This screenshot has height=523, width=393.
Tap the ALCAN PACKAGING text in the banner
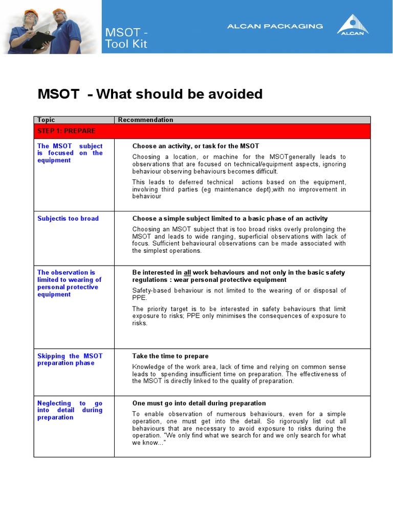click(x=275, y=26)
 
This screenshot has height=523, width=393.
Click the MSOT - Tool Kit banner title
click(x=126, y=38)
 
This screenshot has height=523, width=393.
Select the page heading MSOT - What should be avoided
click(x=150, y=94)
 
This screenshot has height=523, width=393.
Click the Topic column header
click(x=46, y=120)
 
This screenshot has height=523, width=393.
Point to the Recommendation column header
click(x=145, y=120)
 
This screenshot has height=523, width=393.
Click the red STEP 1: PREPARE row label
click(x=66, y=131)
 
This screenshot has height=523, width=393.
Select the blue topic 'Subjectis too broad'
click(x=68, y=219)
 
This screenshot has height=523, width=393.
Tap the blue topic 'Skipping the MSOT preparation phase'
click(x=70, y=360)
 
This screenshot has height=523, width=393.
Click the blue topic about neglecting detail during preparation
click(x=70, y=410)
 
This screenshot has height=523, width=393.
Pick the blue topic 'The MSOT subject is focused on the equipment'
click(x=70, y=153)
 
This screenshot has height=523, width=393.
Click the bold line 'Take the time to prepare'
click(x=170, y=356)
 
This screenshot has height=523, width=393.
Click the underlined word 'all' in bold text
click(x=187, y=273)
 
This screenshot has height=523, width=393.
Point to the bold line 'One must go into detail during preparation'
click(x=199, y=403)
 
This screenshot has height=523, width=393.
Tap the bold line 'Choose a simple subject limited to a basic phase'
click(x=230, y=219)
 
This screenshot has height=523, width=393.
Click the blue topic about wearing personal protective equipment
click(x=70, y=283)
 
